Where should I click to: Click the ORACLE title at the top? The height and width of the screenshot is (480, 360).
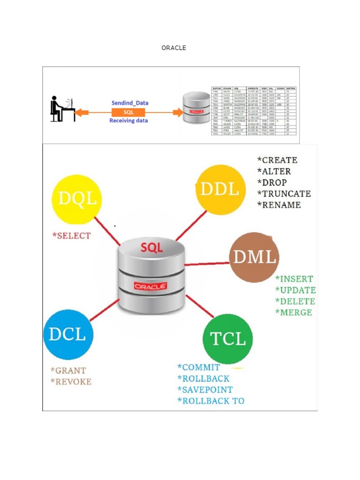tap(173, 48)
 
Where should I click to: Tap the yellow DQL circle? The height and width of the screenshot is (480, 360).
tap(77, 199)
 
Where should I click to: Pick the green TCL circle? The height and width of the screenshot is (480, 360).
tap(228, 338)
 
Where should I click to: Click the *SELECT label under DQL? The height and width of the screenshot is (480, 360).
tap(71, 236)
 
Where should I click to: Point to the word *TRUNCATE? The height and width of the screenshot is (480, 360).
tap(284, 194)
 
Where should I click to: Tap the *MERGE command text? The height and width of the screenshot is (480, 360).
tap(293, 312)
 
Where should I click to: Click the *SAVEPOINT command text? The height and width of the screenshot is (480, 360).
tap(205, 390)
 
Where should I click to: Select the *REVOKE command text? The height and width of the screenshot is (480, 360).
tap(71, 382)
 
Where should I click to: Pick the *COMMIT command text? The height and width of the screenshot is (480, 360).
tap(199, 367)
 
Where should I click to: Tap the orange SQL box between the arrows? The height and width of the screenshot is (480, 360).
tap(128, 112)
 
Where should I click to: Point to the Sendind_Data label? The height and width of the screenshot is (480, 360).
tap(129, 103)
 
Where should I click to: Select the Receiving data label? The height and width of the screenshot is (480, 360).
tap(128, 121)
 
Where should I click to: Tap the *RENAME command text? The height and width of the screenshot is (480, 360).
tap(279, 205)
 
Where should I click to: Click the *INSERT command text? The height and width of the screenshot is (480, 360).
tap(294, 279)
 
